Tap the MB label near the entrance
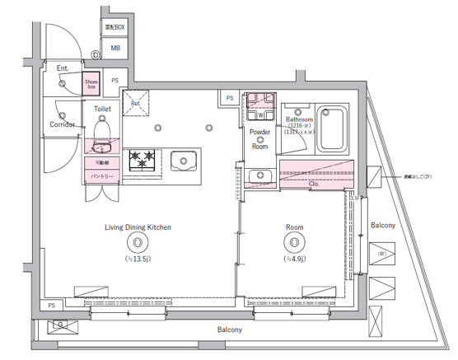[x=114, y=48]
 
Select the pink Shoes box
[x=91, y=83]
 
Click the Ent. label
[x=63, y=68]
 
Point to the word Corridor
[x=63, y=124]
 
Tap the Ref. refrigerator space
[x=136, y=104]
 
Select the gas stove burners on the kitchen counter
[x=143, y=160]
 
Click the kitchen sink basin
[x=182, y=159]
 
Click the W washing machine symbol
[x=260, y=115]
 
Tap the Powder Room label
[x=260, y=138]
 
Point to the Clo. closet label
[x=315, y=185]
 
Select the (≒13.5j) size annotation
[x=138, y=259]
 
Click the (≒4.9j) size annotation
[x=295, y=259]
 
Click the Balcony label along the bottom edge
[x=230, y=330]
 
